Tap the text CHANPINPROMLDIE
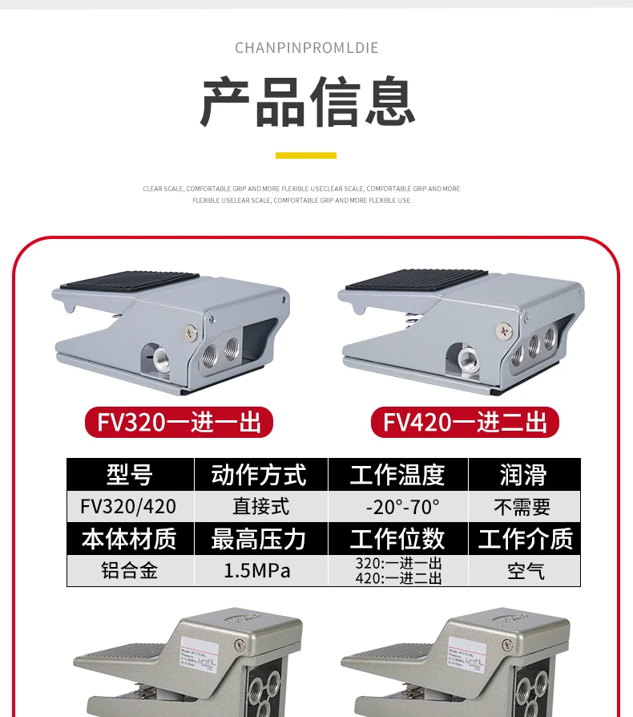(x=307, y=48)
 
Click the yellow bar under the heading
(x=306, y=155)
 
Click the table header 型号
(x=130, y=475)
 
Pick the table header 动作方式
(x=260, y=475)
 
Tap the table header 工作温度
(x=397, y=475)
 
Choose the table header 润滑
(x=523, y=475)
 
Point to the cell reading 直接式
(x=260, y=507)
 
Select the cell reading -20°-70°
(x=397, y=507)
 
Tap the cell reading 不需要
(x=523, y=507)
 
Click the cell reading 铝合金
(x=129, y=570)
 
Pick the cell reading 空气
(x=525, y=570)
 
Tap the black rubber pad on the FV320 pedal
(x=128, y=282)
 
